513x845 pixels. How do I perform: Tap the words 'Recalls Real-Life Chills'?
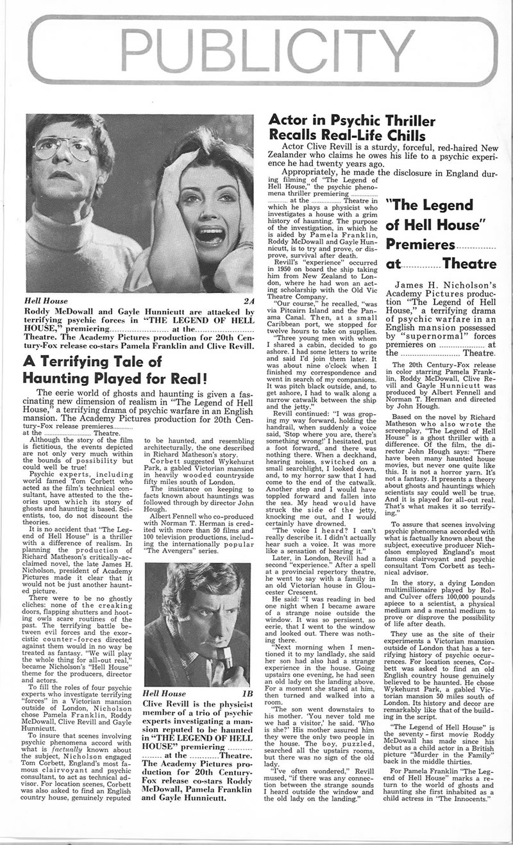[x=347, y=136]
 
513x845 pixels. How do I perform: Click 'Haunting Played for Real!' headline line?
[x=114, y=378]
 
